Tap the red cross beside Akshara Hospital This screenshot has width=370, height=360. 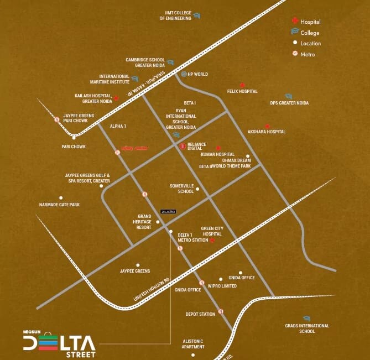(267, 127)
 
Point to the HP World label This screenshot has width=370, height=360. (197, 74)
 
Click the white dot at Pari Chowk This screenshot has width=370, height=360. (74, 138)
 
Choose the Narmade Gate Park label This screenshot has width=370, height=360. (59, 205)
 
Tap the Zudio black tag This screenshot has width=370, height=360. (167, 211)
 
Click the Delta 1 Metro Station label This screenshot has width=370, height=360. (192, 238)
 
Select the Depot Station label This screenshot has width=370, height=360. (200, 314)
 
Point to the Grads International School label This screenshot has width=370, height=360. (307, 328)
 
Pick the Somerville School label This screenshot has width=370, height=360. (182, 189)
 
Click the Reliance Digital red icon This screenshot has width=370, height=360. (183, 146)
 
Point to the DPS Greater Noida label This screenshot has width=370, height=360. (289, 103)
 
